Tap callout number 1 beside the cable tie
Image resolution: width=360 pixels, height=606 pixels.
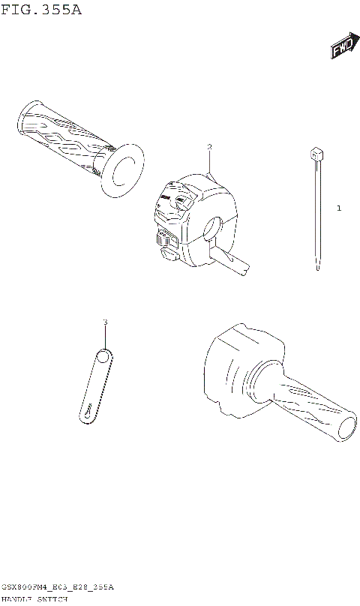pos(338,208)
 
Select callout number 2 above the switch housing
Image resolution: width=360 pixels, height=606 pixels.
pos(210,147)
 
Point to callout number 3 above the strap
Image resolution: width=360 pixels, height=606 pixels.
pos(105,322)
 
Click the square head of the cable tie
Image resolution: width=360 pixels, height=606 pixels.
pos(316,154)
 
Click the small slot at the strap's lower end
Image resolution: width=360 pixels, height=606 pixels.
pos(88,412)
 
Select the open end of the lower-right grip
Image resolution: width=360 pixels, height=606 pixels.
pos(350,430)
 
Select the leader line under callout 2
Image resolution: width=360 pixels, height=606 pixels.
pos(211,163)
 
